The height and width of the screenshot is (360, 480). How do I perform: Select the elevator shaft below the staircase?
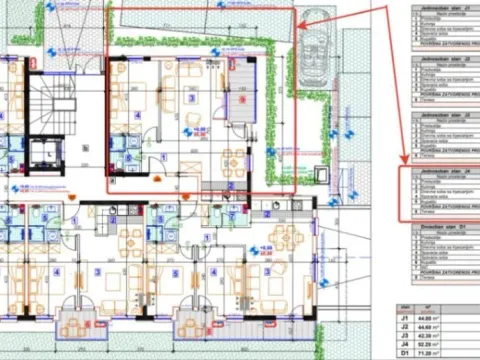tap(47, 154)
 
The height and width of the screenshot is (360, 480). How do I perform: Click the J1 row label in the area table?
tap(404, 316)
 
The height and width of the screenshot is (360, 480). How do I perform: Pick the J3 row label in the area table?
tap(404, 335)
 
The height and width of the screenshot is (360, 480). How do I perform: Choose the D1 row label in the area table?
tap(404, 353)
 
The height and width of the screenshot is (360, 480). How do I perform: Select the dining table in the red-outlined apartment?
tap(232, 157)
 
